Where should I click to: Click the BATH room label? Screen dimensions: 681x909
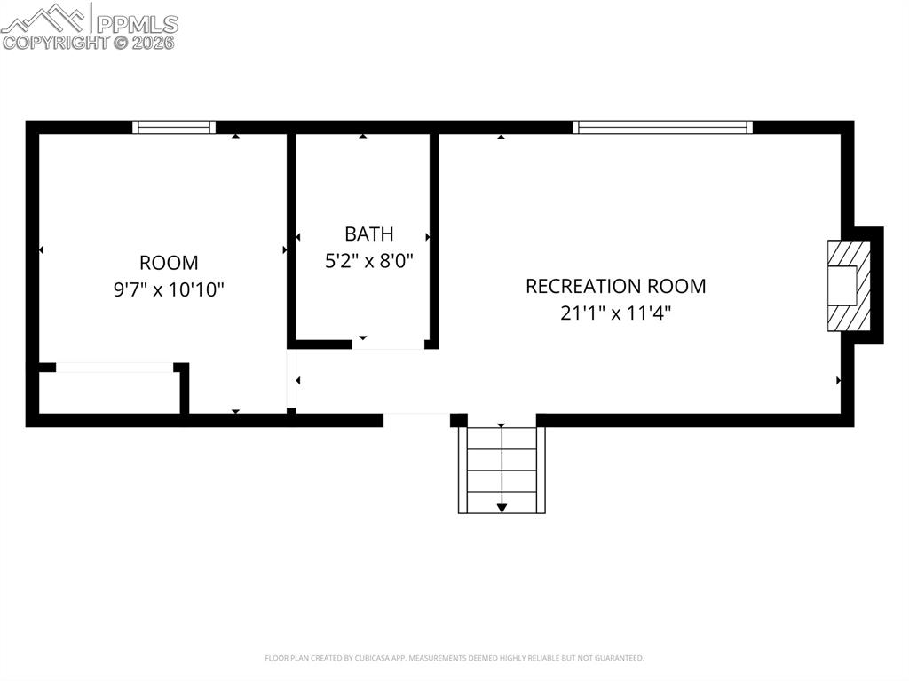pos(368,234)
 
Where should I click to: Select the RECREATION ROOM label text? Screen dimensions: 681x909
pos(615,286)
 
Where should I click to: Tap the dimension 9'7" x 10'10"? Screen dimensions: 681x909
pos(169,289)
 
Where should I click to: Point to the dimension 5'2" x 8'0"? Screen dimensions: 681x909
pos(368,261)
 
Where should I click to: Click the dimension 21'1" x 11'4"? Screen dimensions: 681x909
pos(615,313)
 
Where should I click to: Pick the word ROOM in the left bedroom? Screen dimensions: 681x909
pos(169,263)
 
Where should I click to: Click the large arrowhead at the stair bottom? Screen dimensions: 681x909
pos(502,508)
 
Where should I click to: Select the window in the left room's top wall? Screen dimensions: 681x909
pos(174,127)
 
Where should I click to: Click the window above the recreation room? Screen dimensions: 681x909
pos(663,127)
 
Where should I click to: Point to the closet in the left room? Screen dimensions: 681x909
pos(110,391)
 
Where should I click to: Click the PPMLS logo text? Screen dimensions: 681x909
pos(136,23)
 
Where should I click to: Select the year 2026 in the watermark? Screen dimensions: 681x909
pos(154,42)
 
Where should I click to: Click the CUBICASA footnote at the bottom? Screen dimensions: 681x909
pos(454,658)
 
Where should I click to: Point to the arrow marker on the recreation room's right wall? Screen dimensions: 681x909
pos(838,381)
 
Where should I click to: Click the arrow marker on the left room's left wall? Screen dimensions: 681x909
pos(41,250)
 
